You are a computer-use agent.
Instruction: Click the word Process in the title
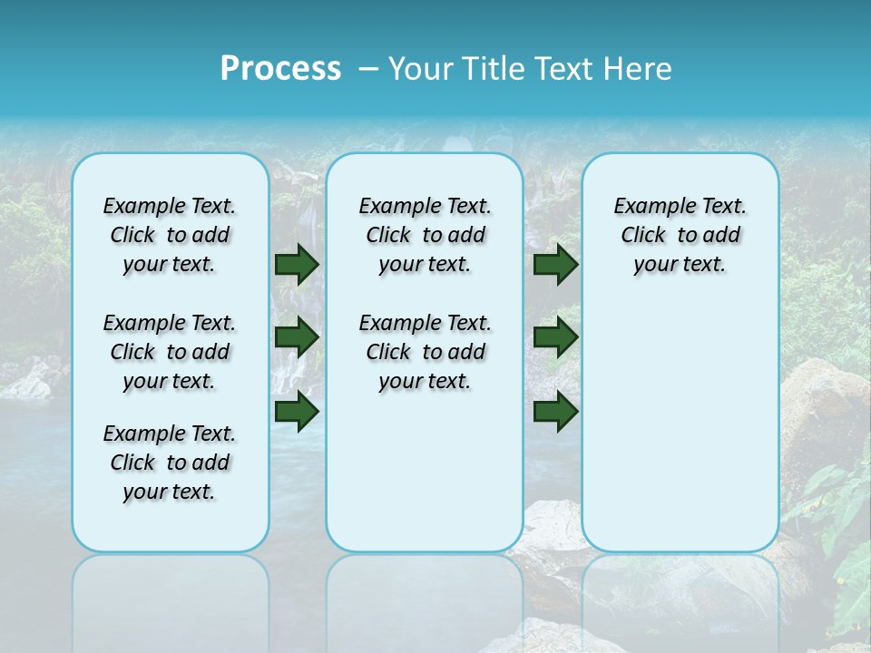coord(280,68)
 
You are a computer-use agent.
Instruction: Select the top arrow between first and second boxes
coord(297,264)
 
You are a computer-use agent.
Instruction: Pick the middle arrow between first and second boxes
coord(297,337)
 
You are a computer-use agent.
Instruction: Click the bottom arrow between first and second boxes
coord(297,411)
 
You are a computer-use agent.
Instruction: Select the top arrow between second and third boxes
coord(556,264)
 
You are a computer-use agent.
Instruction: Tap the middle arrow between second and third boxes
coord(556,337)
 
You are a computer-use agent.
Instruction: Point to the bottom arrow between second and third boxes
coord(556,411)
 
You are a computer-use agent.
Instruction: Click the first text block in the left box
coord(169,235)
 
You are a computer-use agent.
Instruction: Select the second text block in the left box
coord(169,352)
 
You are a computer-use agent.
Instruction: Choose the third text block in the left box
coord(169,463)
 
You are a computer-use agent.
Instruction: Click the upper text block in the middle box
coord(425,235)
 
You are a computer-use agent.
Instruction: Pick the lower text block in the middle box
coord(425,352)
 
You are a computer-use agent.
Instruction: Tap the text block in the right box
coord(680,235)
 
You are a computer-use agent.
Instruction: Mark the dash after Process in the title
coord(368,68)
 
